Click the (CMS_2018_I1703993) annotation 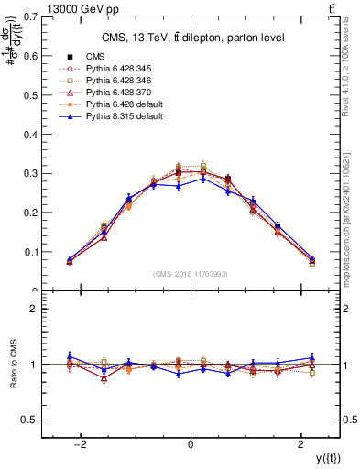pyautogui.click(x=190, y=274)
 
